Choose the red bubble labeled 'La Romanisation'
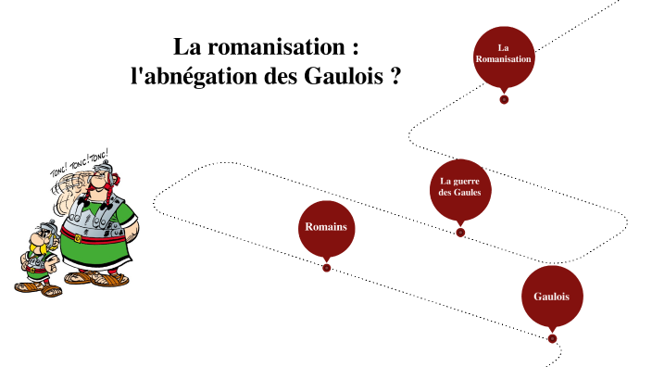(504, 56)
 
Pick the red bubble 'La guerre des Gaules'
(460, 189)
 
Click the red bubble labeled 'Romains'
(327, 227)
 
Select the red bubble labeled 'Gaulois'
(552, 297)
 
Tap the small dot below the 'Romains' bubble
(326, 268)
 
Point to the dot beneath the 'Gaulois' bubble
(552, 338)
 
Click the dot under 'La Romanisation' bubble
(504, 99)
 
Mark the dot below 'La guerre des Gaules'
(460, 233)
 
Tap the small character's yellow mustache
(39, 248)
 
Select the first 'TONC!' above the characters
(58, 171)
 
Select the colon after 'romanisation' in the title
(355, 48)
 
